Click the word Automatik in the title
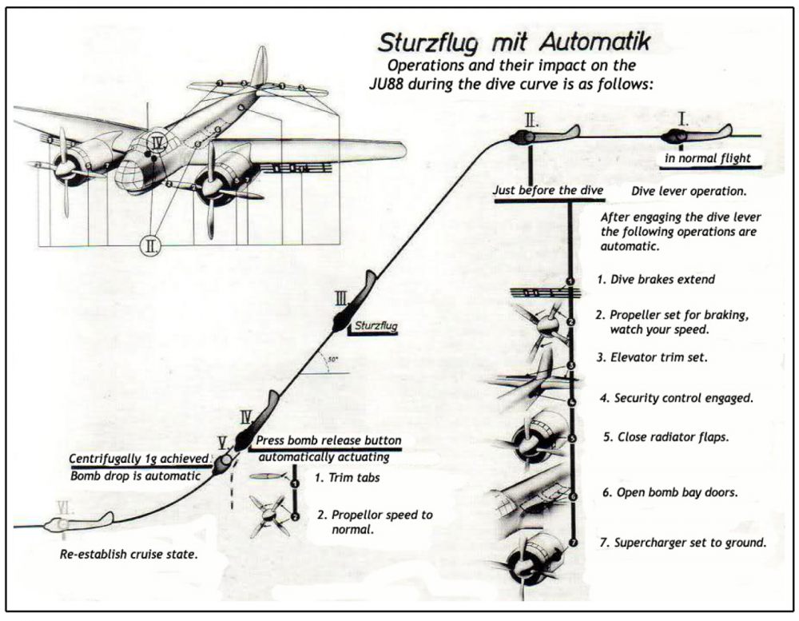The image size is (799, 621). tap(592, 42)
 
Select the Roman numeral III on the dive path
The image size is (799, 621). tap(341, 299)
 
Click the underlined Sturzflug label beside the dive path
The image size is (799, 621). tap(376, 326)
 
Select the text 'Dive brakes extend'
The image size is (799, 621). tap(655, 280)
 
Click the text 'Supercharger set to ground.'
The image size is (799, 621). tap(682, 543)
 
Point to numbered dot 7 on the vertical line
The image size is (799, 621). tap(572, 543)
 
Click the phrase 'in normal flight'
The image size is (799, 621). tap(708, 158)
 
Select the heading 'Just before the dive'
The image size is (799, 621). tap(548, 192)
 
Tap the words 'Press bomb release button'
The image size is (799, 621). tap(328, 441)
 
